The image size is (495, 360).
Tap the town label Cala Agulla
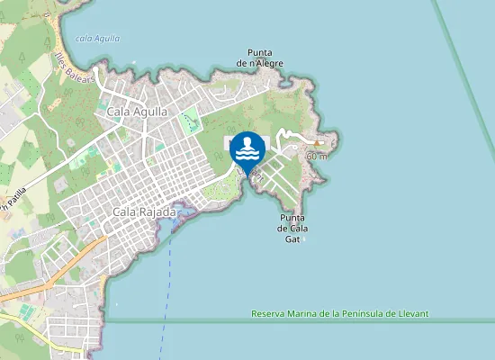pos(137,112)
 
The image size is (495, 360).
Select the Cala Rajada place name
pos(144,211)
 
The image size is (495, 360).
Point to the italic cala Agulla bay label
pos(98,39)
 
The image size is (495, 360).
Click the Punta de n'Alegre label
pos(260,58)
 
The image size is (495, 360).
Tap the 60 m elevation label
pos(316,156)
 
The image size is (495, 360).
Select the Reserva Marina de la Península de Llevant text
pos(339,313)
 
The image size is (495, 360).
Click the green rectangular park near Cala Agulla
pos(189,121)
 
